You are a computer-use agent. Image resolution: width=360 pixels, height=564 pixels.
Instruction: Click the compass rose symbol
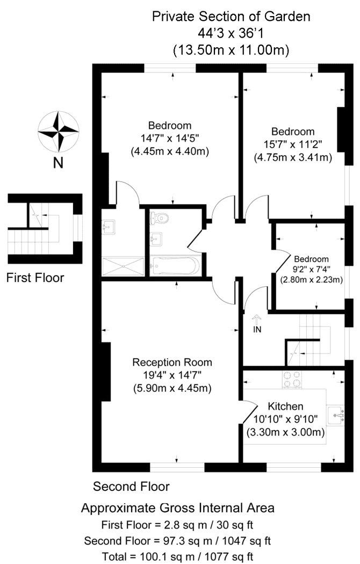(x=58, y=131)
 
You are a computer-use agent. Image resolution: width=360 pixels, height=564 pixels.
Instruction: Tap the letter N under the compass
(x=58, y=163)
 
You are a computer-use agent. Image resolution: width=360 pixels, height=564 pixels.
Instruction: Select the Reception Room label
(x=172, y=362)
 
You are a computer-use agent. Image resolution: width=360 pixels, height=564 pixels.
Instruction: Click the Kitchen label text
(x=285, y=406)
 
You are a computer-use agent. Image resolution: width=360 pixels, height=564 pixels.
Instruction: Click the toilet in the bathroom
(x=160, y=217)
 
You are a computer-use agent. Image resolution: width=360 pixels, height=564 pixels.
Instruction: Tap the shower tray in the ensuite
(x=123, y=266)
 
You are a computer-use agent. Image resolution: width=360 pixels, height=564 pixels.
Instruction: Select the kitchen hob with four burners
(x=292, y=380)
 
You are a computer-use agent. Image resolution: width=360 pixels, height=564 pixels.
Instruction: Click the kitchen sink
(x=336, y=415)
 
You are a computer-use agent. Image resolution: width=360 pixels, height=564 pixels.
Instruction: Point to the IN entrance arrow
(x=257, y=320)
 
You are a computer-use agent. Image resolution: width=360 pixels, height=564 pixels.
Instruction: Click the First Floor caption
(x=35, y=278)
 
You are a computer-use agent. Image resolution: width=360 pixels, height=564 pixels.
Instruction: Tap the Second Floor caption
(x=131, y=486)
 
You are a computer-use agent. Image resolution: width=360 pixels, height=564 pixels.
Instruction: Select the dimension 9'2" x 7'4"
(x=312, y=269)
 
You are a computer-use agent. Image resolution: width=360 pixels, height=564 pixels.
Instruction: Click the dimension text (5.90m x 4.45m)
(x=172, y=388)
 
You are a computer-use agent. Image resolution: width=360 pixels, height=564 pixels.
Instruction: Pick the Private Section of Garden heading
(x=231, y=17)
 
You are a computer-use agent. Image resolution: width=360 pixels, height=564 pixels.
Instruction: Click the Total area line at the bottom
(x=178, y=556)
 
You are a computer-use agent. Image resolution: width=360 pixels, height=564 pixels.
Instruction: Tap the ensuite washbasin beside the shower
(x=108, y=227)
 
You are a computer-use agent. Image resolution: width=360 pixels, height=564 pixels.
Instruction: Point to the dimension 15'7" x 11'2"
(x=293, y=144)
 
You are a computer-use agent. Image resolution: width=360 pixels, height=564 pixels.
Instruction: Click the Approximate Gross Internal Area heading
(x=178, y=508)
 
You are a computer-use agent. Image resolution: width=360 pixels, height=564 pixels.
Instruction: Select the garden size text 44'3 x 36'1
(x=231, y=33)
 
